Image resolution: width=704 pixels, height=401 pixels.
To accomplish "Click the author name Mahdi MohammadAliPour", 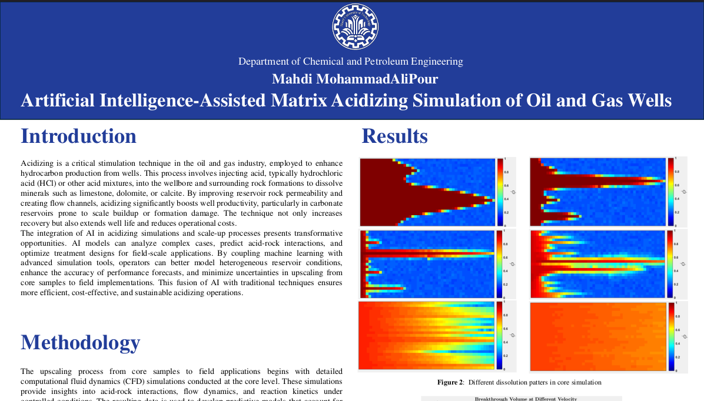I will [x=355, y=79].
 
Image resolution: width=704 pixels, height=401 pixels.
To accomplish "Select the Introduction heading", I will [x=78, y=136].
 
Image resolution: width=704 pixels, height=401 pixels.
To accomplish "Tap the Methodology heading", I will [x=80, y=342].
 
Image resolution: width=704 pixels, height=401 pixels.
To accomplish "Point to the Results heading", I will [x=394, y=136].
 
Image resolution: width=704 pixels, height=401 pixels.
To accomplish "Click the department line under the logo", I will [x=350, y=61].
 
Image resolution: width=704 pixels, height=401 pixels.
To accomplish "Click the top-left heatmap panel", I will [x=427, y=192].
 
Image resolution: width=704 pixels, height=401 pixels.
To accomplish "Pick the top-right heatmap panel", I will [x=597, y=192].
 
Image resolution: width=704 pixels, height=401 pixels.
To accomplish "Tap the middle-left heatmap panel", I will [x=427, y=263].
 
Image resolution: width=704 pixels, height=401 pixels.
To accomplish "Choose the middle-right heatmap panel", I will [x=597, y=263].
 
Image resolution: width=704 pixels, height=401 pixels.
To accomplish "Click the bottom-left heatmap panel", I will [x=427, y=336].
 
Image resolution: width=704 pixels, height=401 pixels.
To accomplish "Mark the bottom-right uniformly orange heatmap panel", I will [x=597, y=336].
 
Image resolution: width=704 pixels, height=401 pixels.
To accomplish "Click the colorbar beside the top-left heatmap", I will [x=500, y=192].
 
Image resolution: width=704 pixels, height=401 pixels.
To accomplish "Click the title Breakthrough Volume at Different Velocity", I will [x=522, y=399].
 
